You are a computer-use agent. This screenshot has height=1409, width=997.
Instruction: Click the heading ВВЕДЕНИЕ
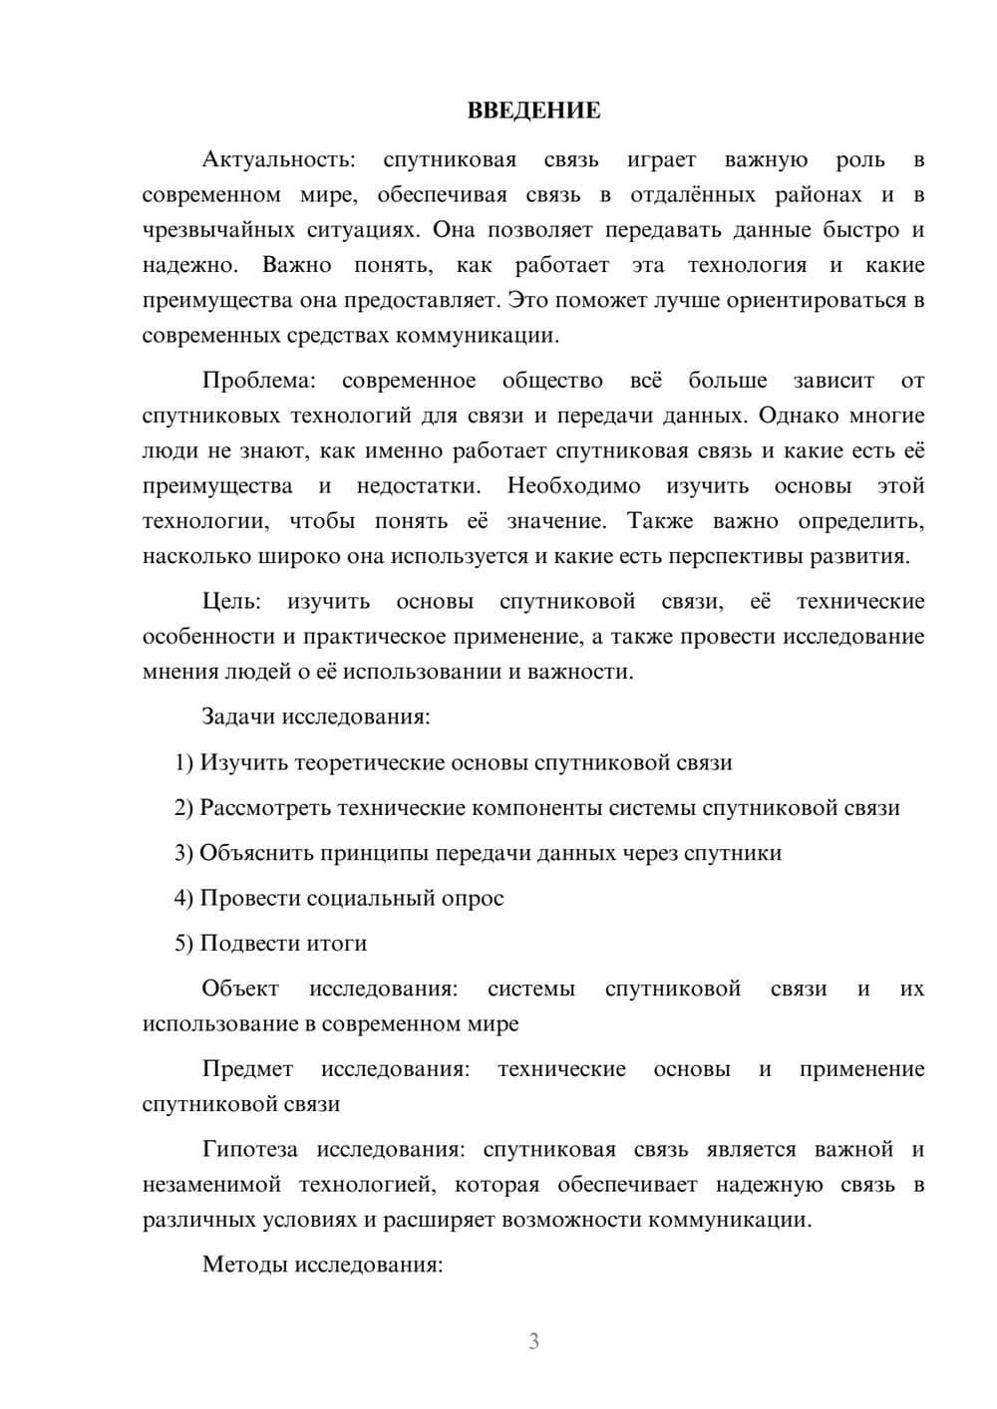point(533,111)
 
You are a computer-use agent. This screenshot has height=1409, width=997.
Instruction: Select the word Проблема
point(258,381)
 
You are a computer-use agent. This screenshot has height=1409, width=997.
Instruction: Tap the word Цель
point(230,602)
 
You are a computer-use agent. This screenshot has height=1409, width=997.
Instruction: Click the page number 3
point(533,1341)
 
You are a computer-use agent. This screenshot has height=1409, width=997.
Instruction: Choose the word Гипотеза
point(249,1150)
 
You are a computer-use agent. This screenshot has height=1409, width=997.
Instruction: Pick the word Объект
point(240,989)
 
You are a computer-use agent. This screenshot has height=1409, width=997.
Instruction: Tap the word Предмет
point(247,1070)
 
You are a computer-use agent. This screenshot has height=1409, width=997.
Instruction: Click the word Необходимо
point(573,486)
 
